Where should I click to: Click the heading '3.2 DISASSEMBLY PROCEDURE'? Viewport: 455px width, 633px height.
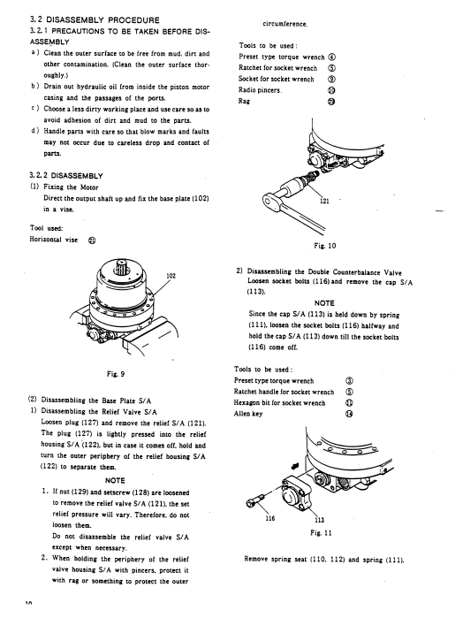95,19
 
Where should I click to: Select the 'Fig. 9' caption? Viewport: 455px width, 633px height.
116,374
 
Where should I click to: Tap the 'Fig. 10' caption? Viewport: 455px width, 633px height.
325,246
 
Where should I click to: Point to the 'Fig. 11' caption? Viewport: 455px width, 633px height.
321,532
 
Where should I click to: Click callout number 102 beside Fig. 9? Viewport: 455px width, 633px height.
171,276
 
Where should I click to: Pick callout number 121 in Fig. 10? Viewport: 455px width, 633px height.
324,201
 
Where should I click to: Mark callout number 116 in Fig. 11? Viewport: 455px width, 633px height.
270,518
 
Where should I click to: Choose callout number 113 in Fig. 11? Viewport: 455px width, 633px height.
319,520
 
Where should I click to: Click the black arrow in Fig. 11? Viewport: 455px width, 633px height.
295,466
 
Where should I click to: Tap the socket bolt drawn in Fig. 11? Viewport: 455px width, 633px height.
255,500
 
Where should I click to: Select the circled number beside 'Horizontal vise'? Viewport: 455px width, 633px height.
92,240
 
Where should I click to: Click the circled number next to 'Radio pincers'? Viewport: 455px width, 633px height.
331,90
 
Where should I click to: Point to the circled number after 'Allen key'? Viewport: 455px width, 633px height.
349,414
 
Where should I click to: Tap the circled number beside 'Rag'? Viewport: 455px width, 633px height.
331,102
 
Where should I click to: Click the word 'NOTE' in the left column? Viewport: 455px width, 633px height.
115,480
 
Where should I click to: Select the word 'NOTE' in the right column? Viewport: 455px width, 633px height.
324,302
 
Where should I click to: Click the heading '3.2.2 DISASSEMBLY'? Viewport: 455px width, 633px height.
66,176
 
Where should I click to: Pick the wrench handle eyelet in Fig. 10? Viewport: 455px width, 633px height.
269,200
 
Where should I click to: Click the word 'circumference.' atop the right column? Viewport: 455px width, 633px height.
285,24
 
